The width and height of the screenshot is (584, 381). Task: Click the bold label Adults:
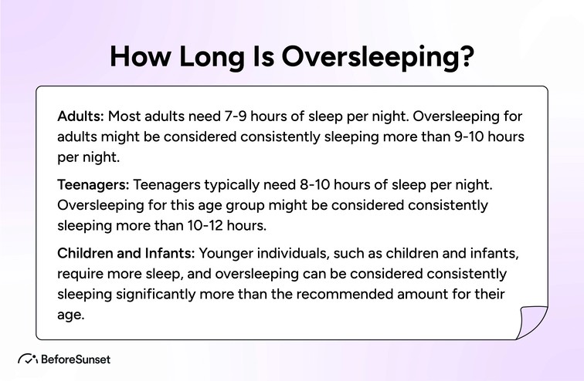[x=80, y=118]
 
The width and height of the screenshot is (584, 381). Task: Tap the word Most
[x=124, y=118]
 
